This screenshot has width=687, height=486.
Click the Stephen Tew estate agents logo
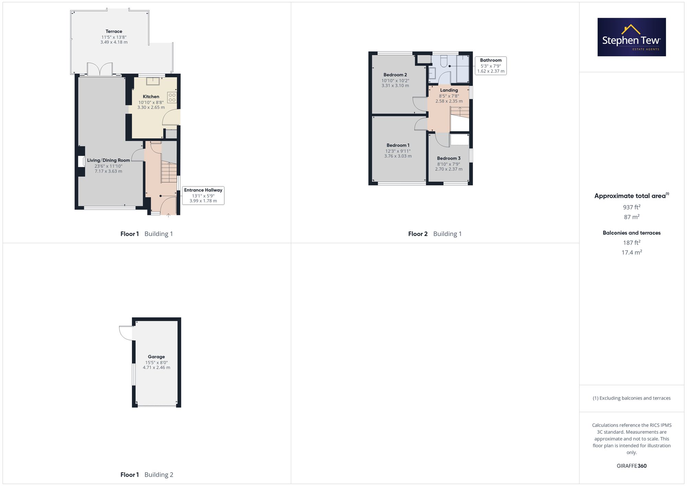(x=631, y=37)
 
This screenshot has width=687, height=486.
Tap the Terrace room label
(x=114, y=31)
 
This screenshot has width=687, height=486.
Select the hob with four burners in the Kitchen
(x=172, y=98)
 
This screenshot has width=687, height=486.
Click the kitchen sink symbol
(x=153, y=81)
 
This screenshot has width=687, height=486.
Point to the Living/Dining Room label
(x=109, y=160)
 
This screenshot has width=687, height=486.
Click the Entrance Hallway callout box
(x=203, y=195)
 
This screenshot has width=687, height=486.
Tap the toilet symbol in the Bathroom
(x=444, y=61)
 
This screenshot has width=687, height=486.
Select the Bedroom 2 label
(x=395, y=75)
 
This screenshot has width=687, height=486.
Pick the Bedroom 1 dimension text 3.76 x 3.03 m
(x=398, y=156)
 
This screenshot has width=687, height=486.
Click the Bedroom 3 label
(x=449, y=158)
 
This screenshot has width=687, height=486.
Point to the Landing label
(x=449, y=90)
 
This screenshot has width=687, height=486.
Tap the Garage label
(x=156, y=357)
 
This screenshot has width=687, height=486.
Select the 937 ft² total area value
(x=632, y=207)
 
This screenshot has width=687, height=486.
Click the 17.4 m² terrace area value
(x=632, y=252)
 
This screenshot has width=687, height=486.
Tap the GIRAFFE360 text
(x=632, y=466)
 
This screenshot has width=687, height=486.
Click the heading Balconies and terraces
(x=632, y=233)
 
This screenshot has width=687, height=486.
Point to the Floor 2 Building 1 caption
(x=435, y=234)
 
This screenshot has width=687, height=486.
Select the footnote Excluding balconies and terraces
(x=632, y=398)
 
